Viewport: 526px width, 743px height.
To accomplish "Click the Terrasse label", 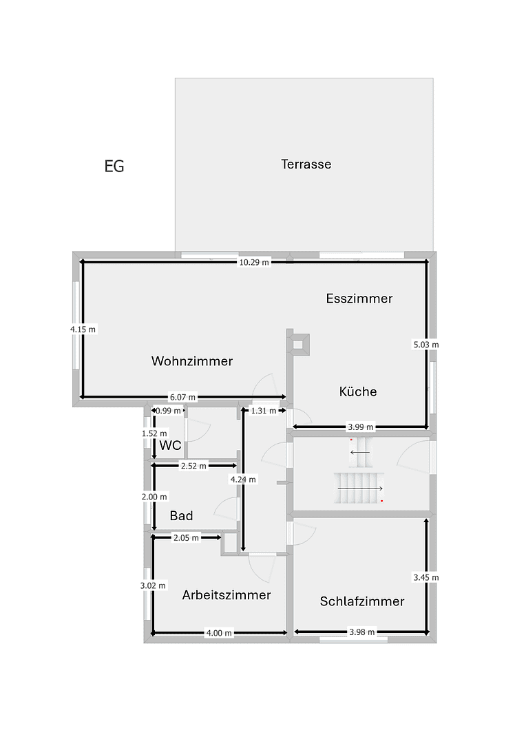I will tap(306, 164).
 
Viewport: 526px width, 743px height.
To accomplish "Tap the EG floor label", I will tap(114, 166).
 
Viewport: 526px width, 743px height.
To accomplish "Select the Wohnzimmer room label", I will tap(192, 361).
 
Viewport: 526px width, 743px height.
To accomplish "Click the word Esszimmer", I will tap(359, 299).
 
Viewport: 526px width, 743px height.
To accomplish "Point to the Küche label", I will tap(358, 392).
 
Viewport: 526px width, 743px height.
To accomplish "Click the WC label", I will tap(170, 446).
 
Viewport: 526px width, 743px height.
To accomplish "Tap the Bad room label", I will tap(181, 516).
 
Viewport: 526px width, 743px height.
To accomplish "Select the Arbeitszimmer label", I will tap(226, 595).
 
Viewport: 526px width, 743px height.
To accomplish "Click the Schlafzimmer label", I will tap(361, 602).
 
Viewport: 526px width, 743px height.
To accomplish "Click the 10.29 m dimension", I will tap(253, 262).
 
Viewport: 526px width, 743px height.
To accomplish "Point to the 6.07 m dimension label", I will tap(182, 397).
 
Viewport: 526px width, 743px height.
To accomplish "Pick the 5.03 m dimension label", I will tap(425, 345).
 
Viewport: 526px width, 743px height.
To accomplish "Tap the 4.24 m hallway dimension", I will tap(243, 480).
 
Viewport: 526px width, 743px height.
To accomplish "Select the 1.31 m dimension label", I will tap(264, 411).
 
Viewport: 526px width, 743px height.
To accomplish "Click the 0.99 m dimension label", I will tap(169, 411).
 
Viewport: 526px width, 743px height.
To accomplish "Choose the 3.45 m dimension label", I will tap(425, 578).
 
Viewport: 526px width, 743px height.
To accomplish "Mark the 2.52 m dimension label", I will tap(194, 466).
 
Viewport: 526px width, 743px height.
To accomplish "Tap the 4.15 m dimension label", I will tap(83, 330).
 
